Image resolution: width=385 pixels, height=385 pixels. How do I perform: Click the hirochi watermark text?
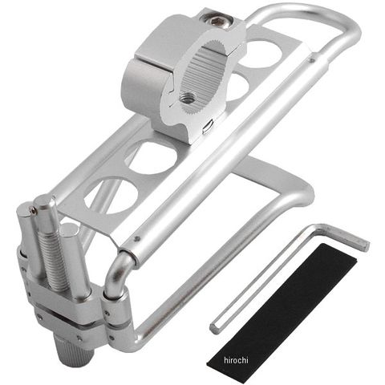(236, 360)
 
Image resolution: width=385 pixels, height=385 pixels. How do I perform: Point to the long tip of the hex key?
(215, 328)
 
